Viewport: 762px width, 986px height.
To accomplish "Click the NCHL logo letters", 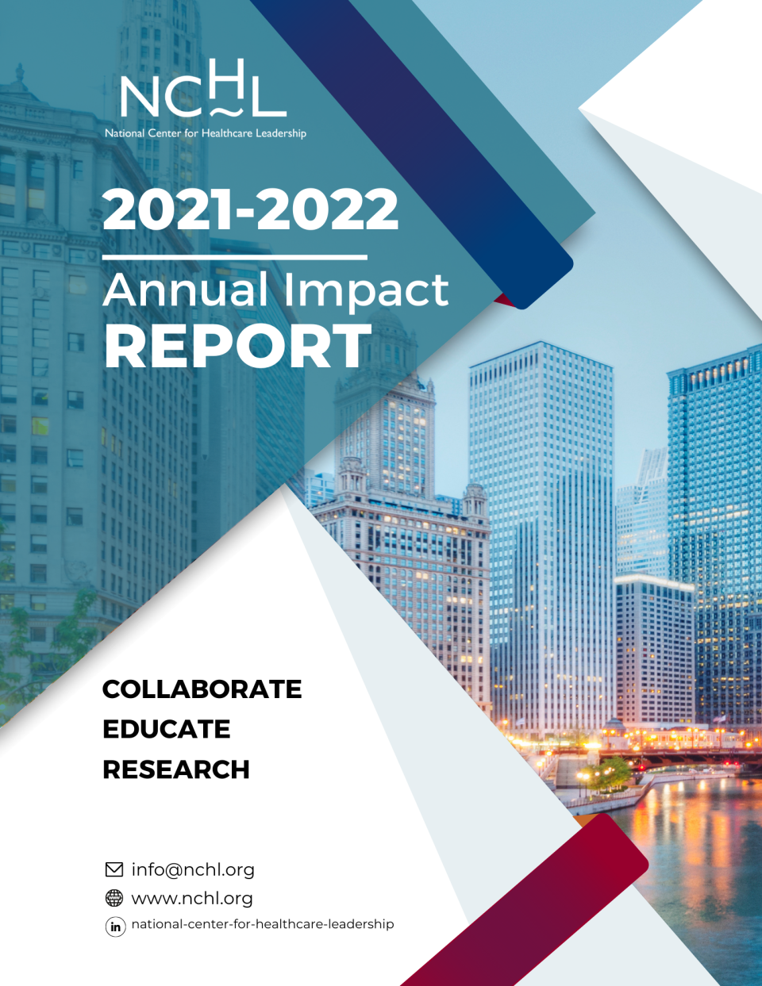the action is click(204, 88).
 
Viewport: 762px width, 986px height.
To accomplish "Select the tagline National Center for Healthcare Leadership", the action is click(206, 133).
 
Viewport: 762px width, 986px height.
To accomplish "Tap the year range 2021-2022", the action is click(250, 210).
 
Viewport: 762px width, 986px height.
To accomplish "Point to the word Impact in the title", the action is click(367, 293).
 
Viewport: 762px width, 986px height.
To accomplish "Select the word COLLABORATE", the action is click(202, 689).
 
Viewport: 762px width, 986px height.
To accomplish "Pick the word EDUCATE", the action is click(167, 729).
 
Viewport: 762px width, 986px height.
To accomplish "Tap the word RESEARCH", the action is click(176, 769).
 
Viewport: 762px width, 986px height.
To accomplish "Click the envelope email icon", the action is click(114, 870).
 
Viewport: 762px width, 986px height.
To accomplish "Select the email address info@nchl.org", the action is click(193, 870).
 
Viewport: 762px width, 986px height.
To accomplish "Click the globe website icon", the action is click(114, 898).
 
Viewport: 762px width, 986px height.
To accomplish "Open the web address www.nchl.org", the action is click(192, 899).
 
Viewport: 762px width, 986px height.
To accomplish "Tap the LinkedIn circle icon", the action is click(115, 927).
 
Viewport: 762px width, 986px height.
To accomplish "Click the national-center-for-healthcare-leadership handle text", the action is click(262, 924).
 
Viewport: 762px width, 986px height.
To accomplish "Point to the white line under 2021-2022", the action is click(235, 258).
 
